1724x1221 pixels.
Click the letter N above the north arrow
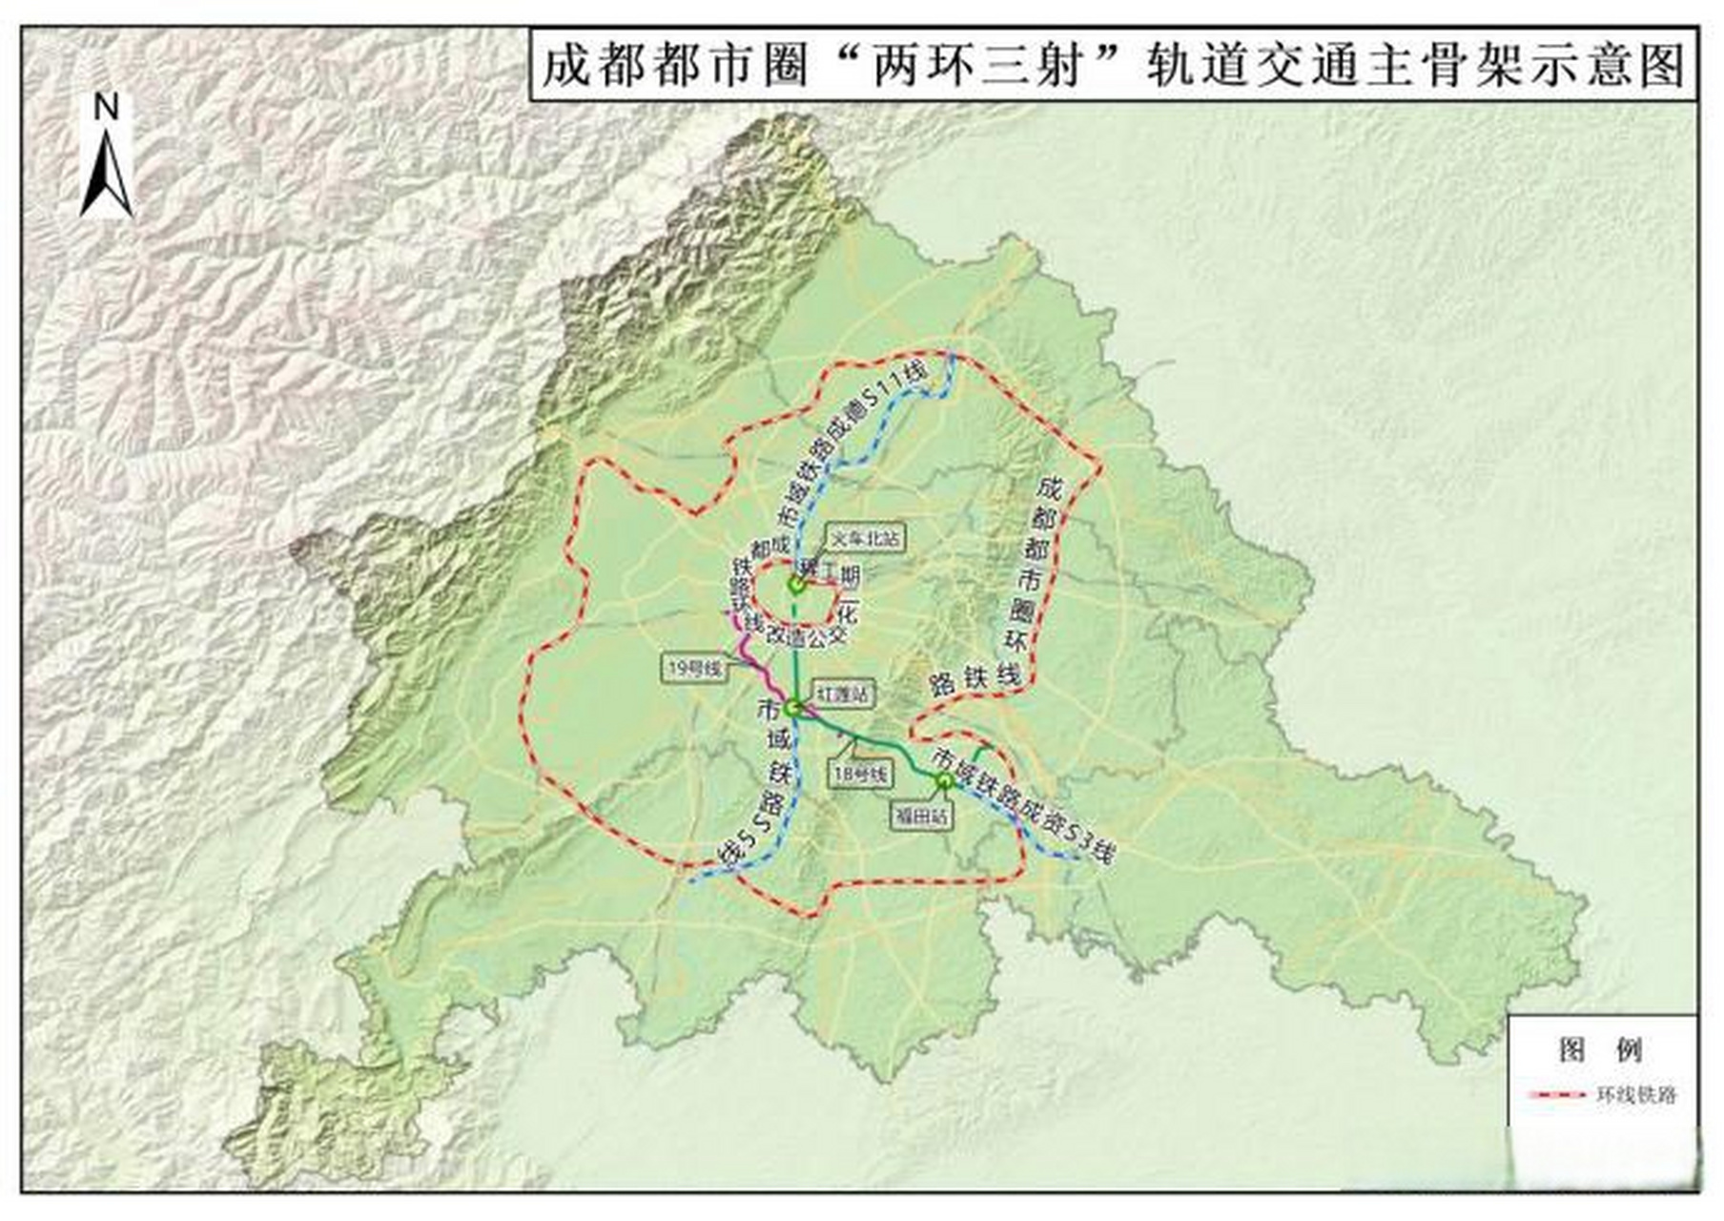click(x=107, y=108)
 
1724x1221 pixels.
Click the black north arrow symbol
click(x=107, y=176)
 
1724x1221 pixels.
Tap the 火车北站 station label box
click(x=864, y=538)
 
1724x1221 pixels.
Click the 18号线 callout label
click(x=860, y=775)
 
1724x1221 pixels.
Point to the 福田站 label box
click(x=921, y=817)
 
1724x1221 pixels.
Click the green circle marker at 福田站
click(x=945, y=781)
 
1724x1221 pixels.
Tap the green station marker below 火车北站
click(x=796, y=585)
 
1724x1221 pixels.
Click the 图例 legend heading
click(x=1601, y=1050)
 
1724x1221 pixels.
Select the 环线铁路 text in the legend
click(x=1636, y=1095)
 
